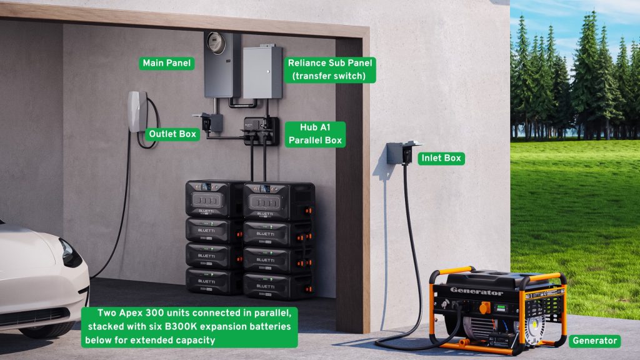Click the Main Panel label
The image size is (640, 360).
167,63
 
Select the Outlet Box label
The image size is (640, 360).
172,134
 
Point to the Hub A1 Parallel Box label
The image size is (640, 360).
315,134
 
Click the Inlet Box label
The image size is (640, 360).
441,158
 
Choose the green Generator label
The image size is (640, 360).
595,341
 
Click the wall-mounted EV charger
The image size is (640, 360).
137,112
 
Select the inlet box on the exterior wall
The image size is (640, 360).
399,152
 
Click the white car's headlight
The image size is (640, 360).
70,254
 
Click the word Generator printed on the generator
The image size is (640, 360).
477,292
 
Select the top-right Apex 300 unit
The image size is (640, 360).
279,200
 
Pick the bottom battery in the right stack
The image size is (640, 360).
277,286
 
